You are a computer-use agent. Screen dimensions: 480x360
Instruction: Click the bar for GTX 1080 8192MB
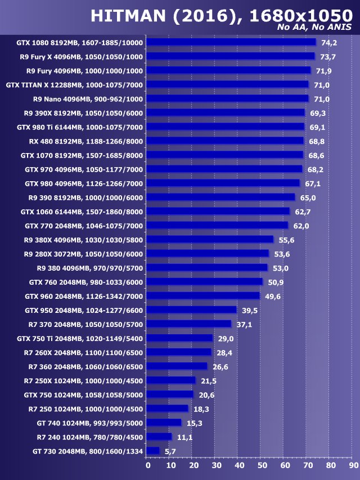(231, 42)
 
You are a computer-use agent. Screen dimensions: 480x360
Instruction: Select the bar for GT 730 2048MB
(152, 451)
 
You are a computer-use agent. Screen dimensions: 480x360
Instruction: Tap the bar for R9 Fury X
(230, 56)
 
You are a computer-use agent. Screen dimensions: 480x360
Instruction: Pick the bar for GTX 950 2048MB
(191, 310)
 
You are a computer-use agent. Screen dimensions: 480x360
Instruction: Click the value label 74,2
(328, 43)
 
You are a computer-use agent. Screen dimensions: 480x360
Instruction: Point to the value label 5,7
(170, 451)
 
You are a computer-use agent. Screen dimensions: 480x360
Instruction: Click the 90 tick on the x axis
(352, 465)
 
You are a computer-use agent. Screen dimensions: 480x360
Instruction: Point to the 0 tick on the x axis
(147, 465)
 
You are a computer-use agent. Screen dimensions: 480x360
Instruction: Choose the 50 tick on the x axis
(261, 465)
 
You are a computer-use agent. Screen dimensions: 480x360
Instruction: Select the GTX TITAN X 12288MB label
(74, 85)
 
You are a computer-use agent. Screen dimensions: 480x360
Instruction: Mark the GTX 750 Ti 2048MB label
(80, 339)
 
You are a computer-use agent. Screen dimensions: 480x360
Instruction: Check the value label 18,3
(201, 409)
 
